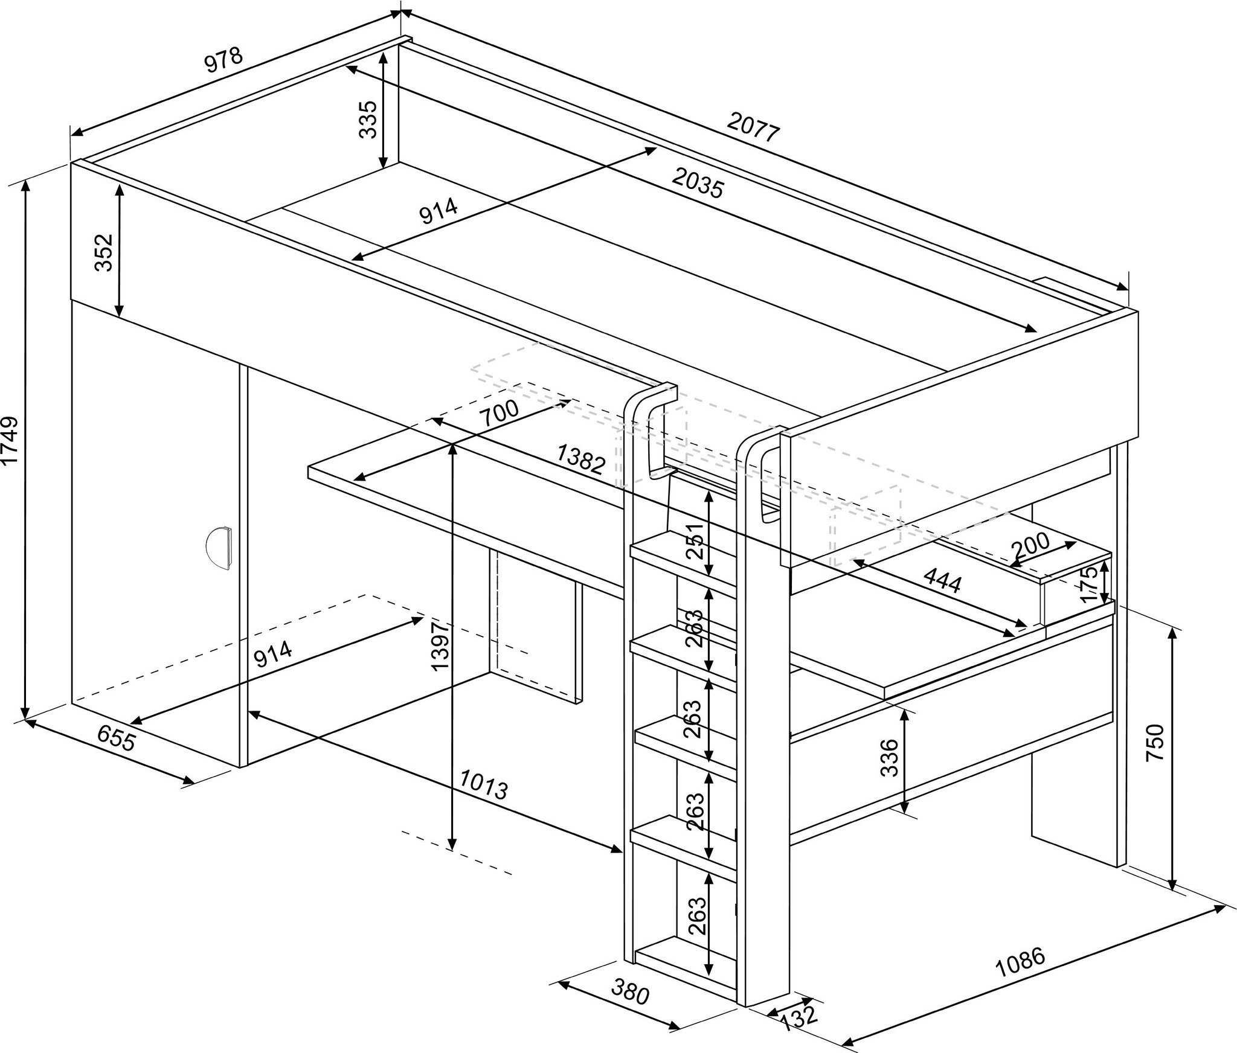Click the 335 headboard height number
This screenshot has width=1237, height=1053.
click(x=368, y=120)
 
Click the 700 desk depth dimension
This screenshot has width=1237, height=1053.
click(x=498, y=412)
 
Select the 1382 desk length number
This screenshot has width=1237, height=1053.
click(x=580, y=459)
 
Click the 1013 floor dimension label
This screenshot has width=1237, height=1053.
click(x=484, y=784)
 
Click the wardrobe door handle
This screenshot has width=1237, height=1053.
click(x=219, y=548)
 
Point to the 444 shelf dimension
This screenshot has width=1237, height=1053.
click(x=942, y=582)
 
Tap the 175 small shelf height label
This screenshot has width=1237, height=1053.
click(x=1087, y=583)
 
